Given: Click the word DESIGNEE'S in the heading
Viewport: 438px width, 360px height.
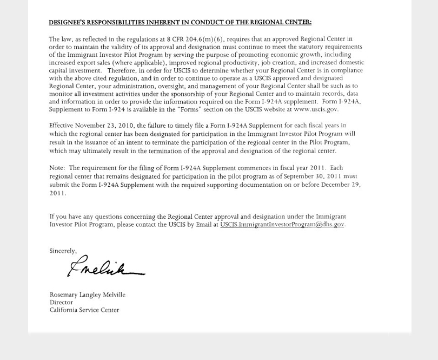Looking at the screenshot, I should tap(67, 23).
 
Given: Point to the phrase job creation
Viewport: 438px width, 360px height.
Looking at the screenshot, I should tap(278, 62).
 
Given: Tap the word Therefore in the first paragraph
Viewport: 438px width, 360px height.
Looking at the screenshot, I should tap(122, 70).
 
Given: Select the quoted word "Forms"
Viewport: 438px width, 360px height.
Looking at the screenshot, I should tap(189, 109).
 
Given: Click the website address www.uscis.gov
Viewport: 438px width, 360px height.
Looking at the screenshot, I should tap(316, 109).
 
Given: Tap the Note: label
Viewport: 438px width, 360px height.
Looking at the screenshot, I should tap(57, 168).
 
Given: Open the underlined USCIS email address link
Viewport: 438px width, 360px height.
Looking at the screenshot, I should tap(282, 225).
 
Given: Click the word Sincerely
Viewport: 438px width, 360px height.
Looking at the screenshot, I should tap(63, 251).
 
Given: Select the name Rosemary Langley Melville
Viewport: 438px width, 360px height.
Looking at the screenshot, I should tap(88, 295).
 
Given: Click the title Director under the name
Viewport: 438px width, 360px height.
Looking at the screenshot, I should tap(61, 303).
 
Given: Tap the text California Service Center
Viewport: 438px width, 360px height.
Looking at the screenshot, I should tap(84, 310).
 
